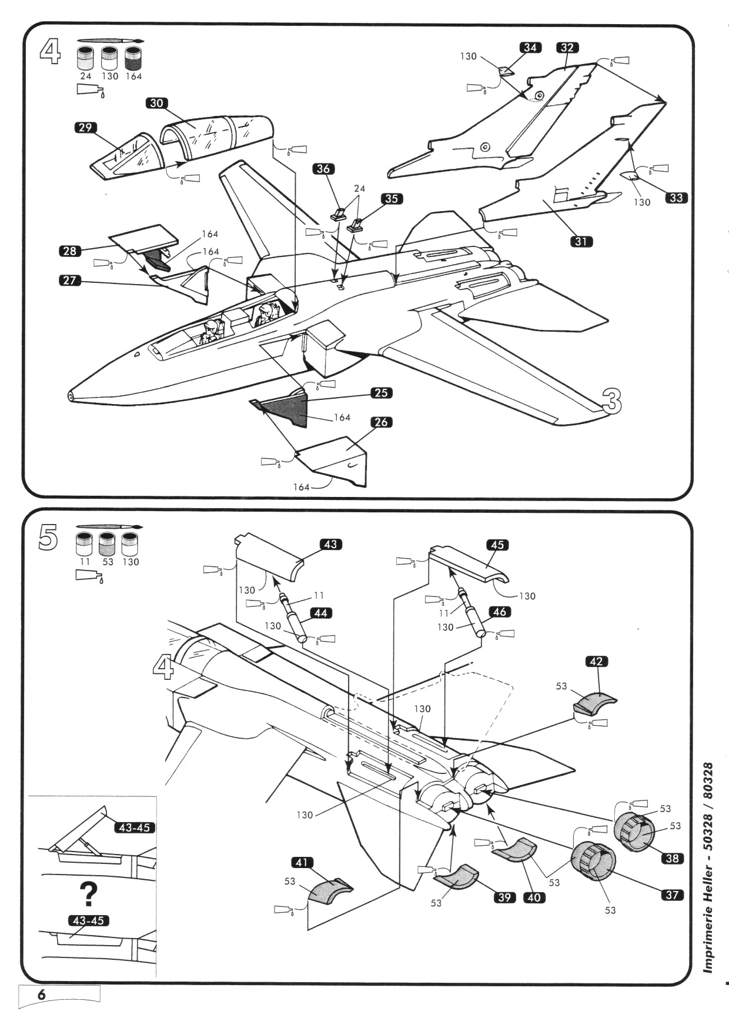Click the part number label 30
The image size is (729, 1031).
pyautogui.click(x=156, y=103)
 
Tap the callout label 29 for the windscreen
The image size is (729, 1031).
pyautogui.click(x=86, y=128)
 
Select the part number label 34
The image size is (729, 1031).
pyautogui.click(x=530, y=48)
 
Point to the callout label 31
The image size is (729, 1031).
pyautogui.click(x=581, y=241)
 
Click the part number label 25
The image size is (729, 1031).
pyautogui.click(x=382, y=392)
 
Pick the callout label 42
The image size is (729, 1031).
pyautogui.click(x=597, y=662)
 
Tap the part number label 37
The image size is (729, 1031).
pyautogui.click(x=672, y=895)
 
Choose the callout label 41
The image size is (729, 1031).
pyautogui.click(x=302, y=863)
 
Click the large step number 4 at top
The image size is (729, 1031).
pyautogui.click(x=49, y=52)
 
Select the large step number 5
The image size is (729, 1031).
pyautogui.click(x=48, y=538)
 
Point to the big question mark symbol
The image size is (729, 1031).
pyautogui.click(x=88, y=894)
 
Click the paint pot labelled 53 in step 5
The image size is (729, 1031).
pyautogui.click(x=106, y=544)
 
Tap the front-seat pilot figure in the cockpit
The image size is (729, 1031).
pyautogui.click(x=210, y=333)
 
